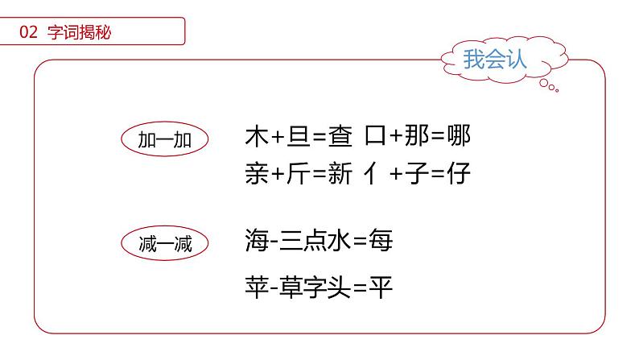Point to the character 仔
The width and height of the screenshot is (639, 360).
tap(456, 173)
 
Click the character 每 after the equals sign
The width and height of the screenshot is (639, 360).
tap(381, 239)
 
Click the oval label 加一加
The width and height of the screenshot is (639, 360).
tap(165, 140)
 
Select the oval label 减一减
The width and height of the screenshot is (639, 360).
tap(165, 242)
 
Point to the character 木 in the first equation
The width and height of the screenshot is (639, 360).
tap(255, 137)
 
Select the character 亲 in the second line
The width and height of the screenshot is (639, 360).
tap(255, 173)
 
